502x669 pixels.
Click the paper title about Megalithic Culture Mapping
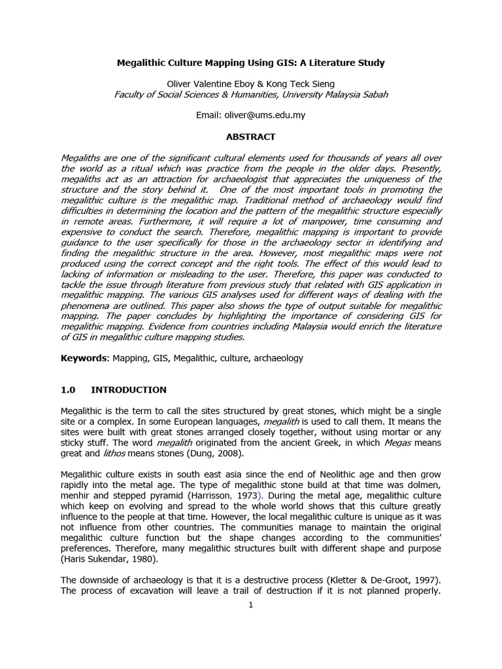click(x=250, y=63)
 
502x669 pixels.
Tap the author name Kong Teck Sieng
click(x=306, y=83)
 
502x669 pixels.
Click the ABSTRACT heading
click(x=251, y=137)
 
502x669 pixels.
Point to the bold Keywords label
click(x=85, y=358)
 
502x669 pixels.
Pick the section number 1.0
click(x=68, y=390)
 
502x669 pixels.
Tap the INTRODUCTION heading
click(x=129, y=390)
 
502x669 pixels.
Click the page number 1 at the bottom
click(x=250, y=604)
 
